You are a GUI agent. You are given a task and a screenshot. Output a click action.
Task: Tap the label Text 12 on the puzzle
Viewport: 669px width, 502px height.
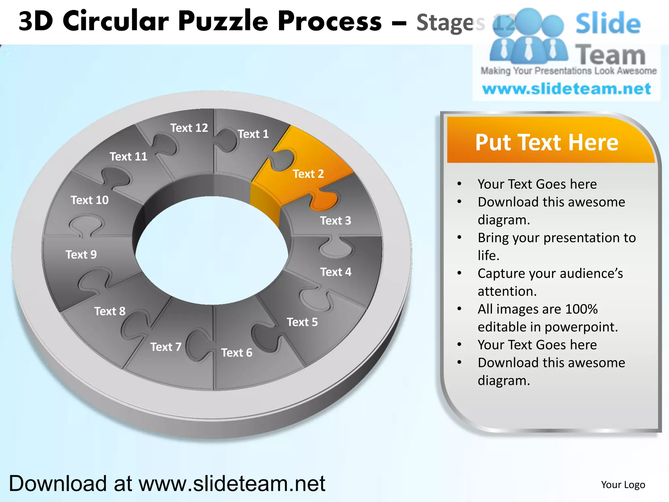pos(189,128)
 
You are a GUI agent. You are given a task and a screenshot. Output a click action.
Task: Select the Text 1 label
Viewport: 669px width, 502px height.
pos(253,134)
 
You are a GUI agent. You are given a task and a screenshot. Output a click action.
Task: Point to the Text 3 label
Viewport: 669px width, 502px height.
pos(335,221)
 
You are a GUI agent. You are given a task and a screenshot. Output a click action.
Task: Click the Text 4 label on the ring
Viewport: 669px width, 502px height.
pos(336,272)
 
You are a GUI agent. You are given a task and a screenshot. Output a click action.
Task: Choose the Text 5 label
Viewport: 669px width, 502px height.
pos(302,322)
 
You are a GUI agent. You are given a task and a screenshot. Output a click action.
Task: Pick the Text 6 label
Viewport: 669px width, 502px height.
pos(237,353)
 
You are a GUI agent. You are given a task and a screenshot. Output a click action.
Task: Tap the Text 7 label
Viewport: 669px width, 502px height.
pos(166,347)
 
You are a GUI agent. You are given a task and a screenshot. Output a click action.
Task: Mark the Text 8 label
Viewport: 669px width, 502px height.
pos(110,311)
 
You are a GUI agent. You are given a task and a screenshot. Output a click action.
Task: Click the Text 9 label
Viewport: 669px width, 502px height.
pos(81,255)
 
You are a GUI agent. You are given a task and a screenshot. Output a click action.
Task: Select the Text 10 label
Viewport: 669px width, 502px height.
pos(90,200)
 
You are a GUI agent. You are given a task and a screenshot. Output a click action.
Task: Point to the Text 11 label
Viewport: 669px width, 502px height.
pos(128,157)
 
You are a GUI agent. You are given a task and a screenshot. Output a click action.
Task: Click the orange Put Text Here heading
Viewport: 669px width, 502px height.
pos(547,142)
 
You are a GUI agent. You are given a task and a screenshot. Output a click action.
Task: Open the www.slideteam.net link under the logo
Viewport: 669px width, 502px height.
pos(567,89)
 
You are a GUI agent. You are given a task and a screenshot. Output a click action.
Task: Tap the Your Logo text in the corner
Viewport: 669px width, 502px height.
pos(623,485)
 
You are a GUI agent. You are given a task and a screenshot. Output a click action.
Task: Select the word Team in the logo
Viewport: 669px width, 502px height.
pos(610,55)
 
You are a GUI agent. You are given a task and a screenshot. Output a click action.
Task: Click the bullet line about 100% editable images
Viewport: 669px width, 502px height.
pos(547,318)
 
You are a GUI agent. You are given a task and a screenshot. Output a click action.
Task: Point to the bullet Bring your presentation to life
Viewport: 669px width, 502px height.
pos(557,246)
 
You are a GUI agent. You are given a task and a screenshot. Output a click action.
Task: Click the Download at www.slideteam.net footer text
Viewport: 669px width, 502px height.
pos(167,483)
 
